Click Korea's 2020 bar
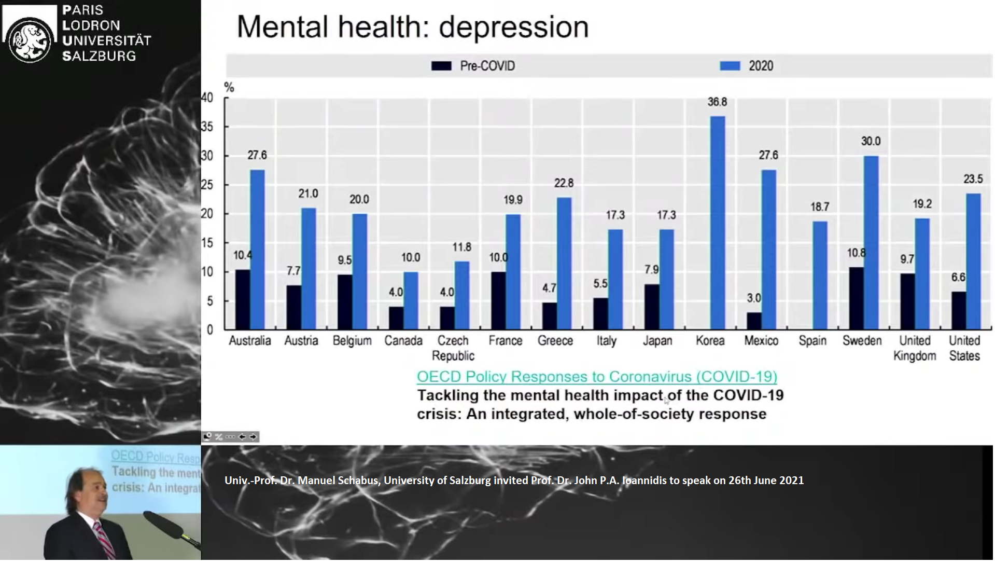pos(718,223)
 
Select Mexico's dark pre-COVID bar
pos(754,321)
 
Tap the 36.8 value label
pos(717,102)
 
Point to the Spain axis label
pos(812,341)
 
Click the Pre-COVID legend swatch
pos(441,66)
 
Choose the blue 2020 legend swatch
pos(730,66)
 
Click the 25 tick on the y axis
pos(207,185)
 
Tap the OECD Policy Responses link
pos(596,377)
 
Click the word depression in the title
pos(513,27)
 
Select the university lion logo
pos(30,39)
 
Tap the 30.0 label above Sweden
pos(871,141)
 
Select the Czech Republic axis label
pos(453,348)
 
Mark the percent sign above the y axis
pos(229,88)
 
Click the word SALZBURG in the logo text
pos(99,56)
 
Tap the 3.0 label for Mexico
pos(753,298)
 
